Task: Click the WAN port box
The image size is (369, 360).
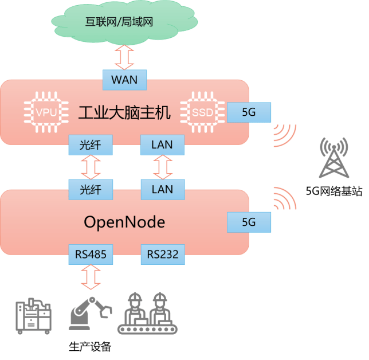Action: point(124,80)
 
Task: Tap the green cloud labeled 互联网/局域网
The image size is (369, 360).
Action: point(124,22)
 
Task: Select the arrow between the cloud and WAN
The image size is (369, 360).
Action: point(124,57)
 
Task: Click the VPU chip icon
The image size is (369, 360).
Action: point(46,112)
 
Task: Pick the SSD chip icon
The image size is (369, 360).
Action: point(202,112)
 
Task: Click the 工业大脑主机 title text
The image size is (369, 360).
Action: point(124,112)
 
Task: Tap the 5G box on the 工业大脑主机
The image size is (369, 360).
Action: point(249,112)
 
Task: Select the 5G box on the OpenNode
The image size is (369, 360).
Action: point(249,222)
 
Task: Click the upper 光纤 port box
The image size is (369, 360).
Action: point(91,144)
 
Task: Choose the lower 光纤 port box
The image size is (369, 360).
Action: point(91,190)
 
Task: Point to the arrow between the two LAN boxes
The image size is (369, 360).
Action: point(163,167)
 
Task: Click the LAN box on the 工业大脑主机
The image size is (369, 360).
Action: point(162,144)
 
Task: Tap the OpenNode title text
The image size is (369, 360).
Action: point(124,222)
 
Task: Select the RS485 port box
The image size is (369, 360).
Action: point(91,255)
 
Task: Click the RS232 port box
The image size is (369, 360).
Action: point(163,255)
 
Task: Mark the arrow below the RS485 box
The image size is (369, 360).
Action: point(91,277)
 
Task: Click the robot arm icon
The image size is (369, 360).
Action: point(90,314)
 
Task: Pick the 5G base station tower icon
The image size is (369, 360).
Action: point(334,158)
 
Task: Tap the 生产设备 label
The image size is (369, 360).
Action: point(90,347)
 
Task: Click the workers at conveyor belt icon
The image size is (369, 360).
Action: point(147,314)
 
